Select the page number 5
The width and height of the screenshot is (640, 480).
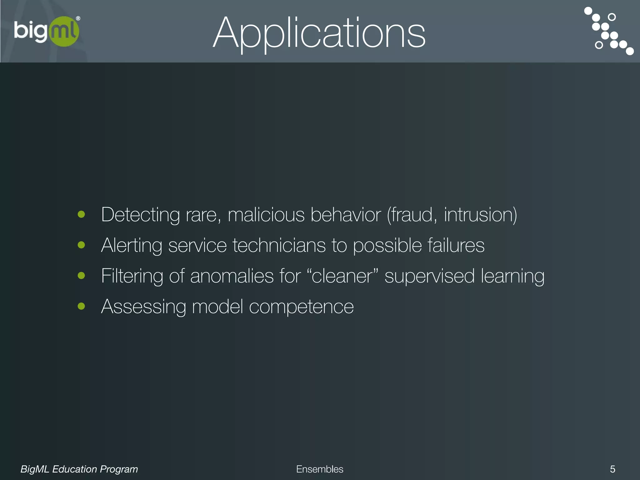point(612,469)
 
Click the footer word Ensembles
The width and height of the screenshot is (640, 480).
point(319,469)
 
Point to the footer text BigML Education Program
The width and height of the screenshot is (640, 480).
point(79,469)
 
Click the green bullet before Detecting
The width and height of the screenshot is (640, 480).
point(82,214)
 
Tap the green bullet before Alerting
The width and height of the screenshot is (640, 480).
point(82,245)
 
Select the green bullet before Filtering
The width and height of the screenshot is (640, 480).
point(82,276)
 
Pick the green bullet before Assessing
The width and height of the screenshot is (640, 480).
point(82,306)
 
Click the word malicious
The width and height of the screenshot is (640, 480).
point(266,215)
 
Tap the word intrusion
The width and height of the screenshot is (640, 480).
point(480,215)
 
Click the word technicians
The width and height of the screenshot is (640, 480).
point(279,245)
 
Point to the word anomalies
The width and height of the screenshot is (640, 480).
point(232,276)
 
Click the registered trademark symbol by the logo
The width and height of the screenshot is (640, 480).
point(78,18)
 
